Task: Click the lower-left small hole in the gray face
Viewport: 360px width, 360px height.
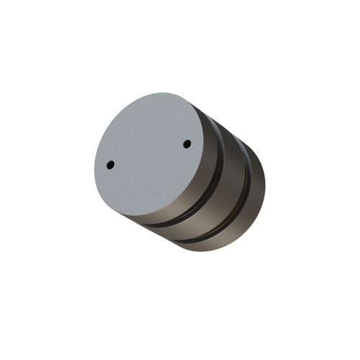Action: pos(110,165)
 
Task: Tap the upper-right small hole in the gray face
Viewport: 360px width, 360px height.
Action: pos(186,144)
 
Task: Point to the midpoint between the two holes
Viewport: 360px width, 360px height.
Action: pos(148,154)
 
